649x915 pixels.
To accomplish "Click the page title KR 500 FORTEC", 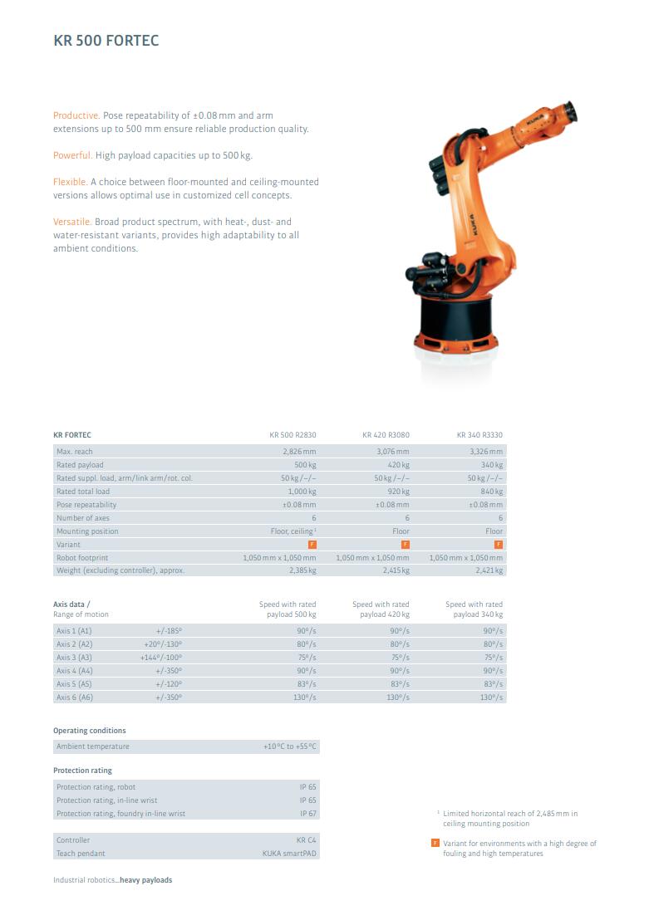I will [x=106, y=41].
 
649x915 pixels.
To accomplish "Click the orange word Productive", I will [x=76, y=115].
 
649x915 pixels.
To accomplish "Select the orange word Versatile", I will [x=72, y=222].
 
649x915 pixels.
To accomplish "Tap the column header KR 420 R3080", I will [x=386, y=435].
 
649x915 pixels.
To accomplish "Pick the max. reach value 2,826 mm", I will [x=299, y=452].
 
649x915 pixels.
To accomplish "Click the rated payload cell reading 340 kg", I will [x=492, y=465].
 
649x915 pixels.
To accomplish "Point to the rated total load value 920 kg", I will [x=398, y=492].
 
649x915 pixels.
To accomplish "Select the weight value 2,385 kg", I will [x=302, y=570].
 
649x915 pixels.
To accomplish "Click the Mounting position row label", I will [x=87, y=531].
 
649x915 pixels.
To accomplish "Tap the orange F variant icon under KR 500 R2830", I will [x=312, y=545].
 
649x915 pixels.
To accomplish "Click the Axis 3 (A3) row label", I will [x=74, y=658].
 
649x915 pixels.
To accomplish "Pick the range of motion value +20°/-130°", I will [x=163, y=644].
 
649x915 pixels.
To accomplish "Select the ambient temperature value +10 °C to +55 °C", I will [x=290, y=746].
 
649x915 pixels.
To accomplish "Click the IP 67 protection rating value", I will [x=307, y=814].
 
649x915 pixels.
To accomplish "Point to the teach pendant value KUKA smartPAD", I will [x=289, y=854].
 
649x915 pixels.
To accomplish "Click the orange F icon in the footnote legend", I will [x=435, y=844].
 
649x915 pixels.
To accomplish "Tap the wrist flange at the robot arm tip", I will [x=570, y=110].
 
